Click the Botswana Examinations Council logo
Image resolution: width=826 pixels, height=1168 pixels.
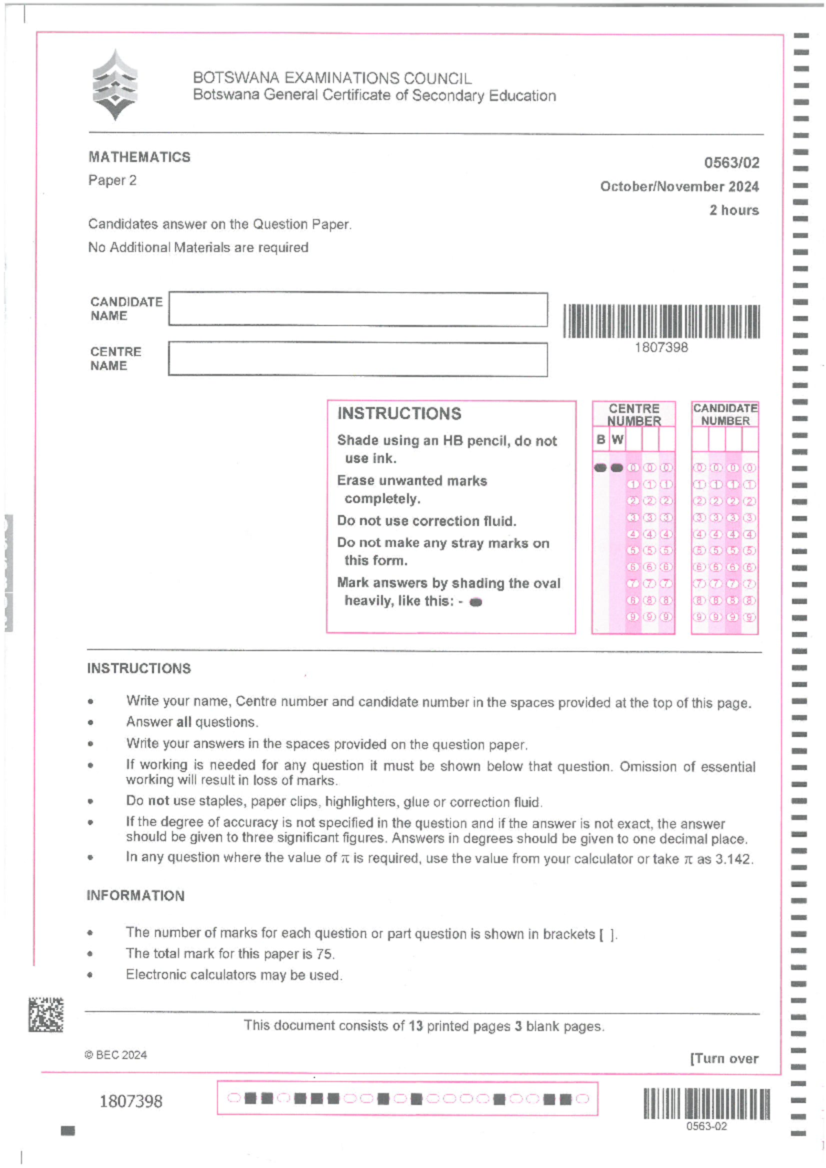point(115,85)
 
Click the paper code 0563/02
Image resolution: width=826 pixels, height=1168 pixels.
point(731,163)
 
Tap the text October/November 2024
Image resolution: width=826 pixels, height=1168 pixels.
point(679,187)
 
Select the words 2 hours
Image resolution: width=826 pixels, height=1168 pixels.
point(734,210)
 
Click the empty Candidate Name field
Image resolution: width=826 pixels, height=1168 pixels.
point(358,310)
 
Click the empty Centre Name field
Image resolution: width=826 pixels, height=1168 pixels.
point(358,359)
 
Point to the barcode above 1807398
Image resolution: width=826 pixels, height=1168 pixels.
point(661,321)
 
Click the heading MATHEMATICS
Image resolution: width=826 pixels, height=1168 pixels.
point(139,157)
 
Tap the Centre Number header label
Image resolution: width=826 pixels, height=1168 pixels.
point(634,414)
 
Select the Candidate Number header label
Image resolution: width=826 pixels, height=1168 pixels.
point(725,414)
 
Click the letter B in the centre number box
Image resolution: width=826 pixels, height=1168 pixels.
point(601,439)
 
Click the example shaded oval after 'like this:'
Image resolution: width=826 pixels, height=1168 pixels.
point(475,602)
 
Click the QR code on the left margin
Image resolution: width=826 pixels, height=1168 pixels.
point(46,1015)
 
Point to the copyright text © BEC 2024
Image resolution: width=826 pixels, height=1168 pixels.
point(116,1055)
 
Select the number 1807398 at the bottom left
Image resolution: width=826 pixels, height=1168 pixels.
point(131,1101)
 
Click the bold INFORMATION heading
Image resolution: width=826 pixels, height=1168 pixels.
point(136,895)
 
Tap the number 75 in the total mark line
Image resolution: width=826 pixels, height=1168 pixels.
point(324,954)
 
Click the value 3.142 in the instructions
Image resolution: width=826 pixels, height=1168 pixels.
point(734,859)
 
